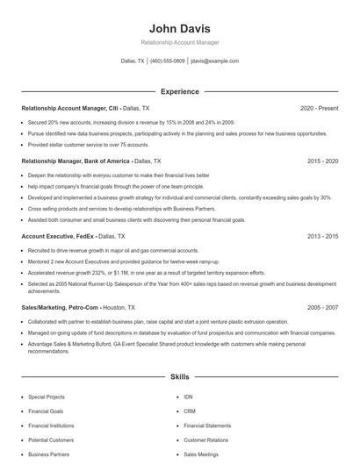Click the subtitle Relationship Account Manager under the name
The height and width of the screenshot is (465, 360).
pyautogui.click(x=179, y=42)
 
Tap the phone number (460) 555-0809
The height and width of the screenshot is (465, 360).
pyautogui.click(x=167, y=61)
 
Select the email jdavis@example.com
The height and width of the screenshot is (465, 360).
pyautogui.click(x=214, y=61)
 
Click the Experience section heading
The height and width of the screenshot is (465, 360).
pyautogui.click(x=179, y=91)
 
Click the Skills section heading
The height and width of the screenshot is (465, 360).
pyautogui.click(x=179, y=377)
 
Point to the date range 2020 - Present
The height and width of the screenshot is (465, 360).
pyautogui.click(x=319, y=108)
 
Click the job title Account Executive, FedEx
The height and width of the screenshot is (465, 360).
pyautogui.click(x=58, y=237)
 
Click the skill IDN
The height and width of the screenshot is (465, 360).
pyautogui.click(x=188, y=397)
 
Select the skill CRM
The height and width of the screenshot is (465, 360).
pyautogui.click(x=189, y=411)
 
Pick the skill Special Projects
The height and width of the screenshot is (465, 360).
pyautogui.click(x=47, y=397)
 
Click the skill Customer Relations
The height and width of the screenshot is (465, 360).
pyautogui.click(x=205, y=440)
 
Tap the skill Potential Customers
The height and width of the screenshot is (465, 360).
pyautogui.click(x=50, y=440)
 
